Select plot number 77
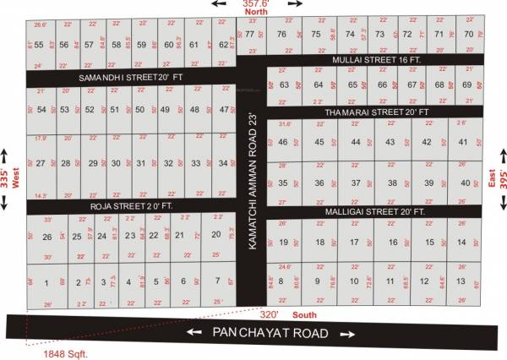pos(250,34)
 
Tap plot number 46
pos(283,142)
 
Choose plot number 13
pos(461,281)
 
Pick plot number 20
pos(216,234)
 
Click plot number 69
pos(466,85)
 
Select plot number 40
pos(465,183)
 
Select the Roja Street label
pos(125,205)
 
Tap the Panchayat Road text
pos(270,334)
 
